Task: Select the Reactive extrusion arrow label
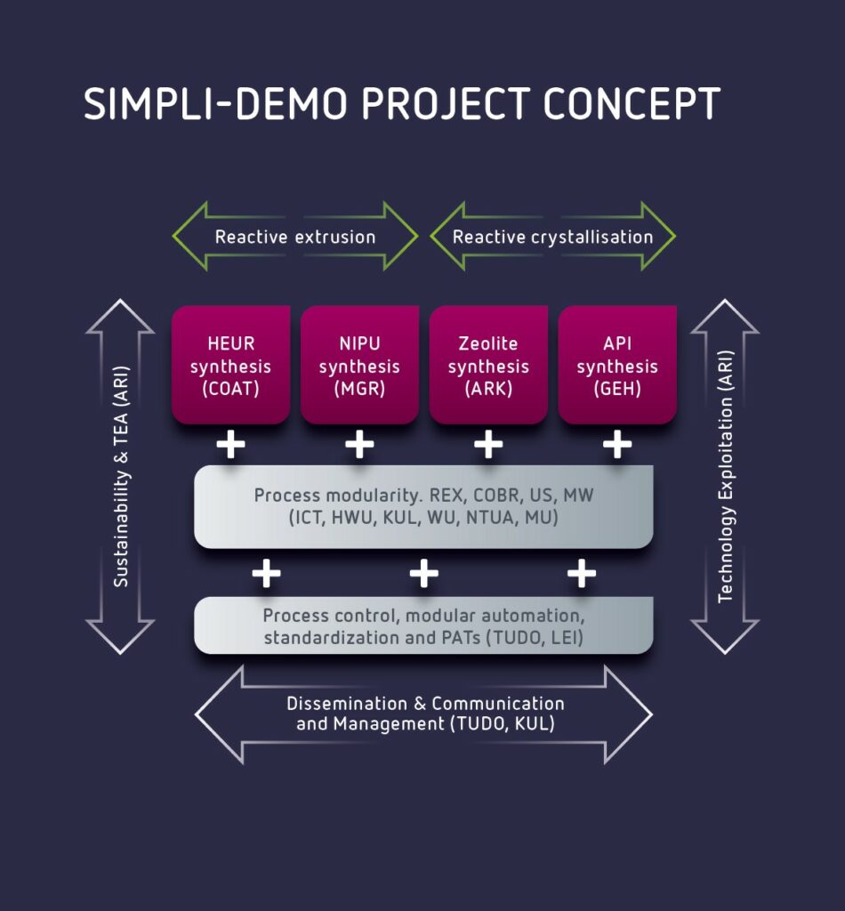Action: tap(295, 237)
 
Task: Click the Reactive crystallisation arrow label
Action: tap(552, 237)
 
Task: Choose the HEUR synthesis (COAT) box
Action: tap(230, 366)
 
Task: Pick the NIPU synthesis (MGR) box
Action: tap(359, 366)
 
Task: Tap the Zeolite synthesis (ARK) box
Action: tap(488, 366)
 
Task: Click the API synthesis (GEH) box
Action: tap(616, 366)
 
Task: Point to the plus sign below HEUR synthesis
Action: tap(230, 444)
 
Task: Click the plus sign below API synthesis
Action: tap(616, 444)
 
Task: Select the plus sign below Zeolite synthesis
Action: tap(488, 444)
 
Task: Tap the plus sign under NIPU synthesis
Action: tap(359, 444)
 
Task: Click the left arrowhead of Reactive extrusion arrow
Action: tap(189, 237)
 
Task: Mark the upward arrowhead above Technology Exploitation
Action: tap(725, 317)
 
